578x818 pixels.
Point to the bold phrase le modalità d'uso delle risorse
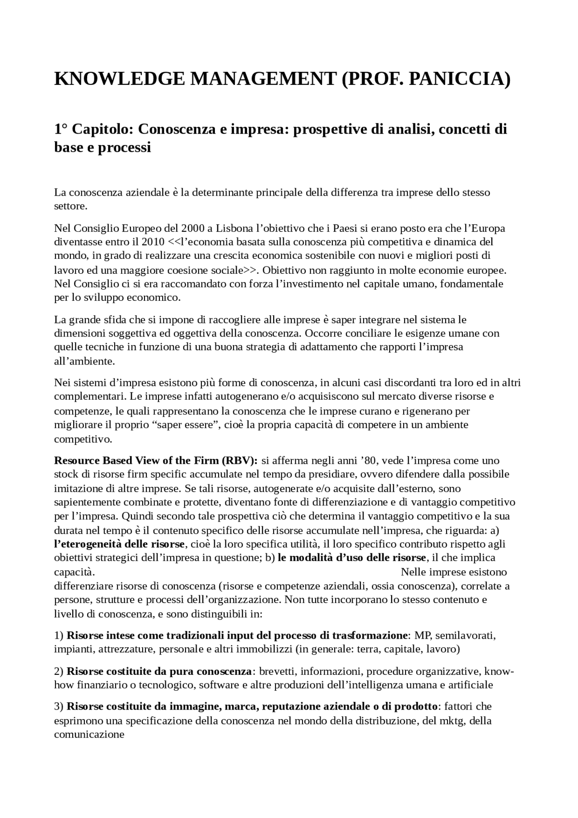(x=352, y=557)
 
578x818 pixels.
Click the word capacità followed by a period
(x=74, y=572)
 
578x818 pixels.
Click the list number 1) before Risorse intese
(x=59, y=635)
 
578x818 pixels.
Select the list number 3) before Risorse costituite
(x=59, y=706)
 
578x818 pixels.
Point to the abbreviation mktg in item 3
(x=451, y=720)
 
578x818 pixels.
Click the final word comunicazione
(x=89, y=734)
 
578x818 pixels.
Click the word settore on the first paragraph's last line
(x=70, y=206)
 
